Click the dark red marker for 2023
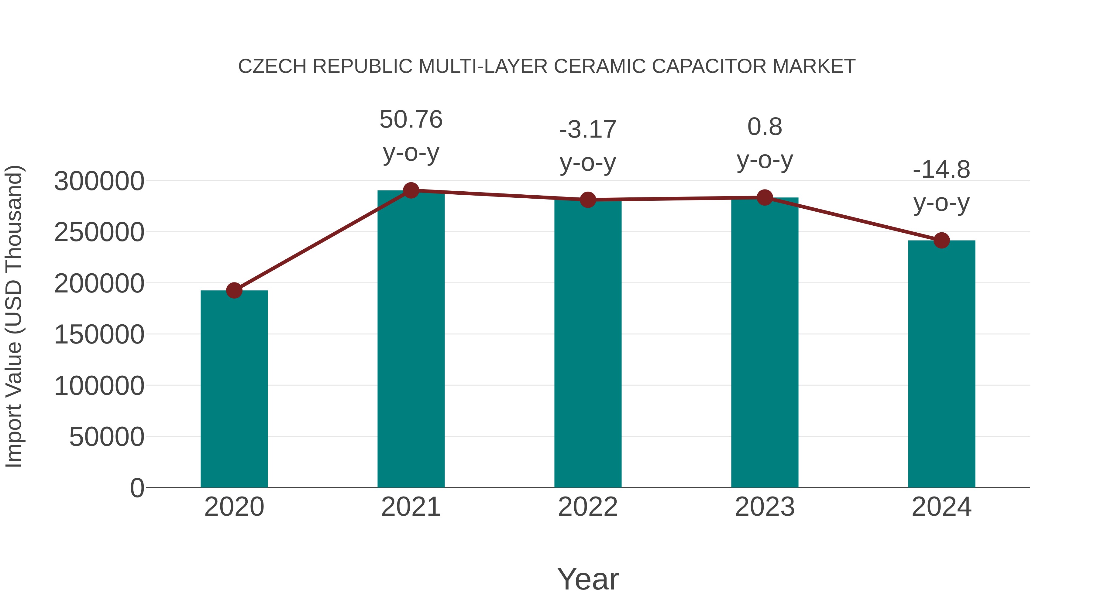[x=765, y=197]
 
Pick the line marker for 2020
[x=234, y=290]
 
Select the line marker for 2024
[x=941, y=240]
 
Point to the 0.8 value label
[x=765, y=127]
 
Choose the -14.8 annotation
[x=941, y=170]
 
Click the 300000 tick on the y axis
[x=99, y=181]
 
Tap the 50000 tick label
[x=107, y=437]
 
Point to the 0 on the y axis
[x=137, y=488]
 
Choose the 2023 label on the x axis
[x=765, y=507]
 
